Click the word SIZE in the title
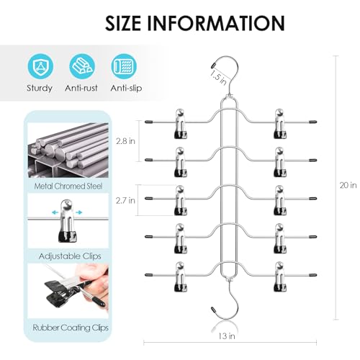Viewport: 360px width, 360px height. pos(123,23)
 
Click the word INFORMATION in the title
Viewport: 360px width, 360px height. pos(216,23)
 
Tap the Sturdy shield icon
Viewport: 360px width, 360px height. pos(40,66)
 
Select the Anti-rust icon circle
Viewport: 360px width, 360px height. pos(82,66)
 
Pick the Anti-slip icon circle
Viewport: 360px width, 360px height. pos(124,66)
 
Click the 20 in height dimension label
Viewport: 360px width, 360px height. pos(348,185)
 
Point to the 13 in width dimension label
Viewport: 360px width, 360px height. pos(227,336)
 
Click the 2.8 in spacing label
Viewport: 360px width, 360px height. pos(125,141)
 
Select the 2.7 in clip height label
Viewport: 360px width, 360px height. pos(125,200)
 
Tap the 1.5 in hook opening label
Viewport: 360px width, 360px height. pos(218,77)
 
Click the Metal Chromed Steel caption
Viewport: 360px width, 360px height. pos(68,186)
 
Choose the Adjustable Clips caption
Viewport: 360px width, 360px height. pos(70,256)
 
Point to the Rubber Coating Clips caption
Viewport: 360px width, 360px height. pos(71,328)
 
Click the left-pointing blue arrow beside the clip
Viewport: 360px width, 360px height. pos(55,212)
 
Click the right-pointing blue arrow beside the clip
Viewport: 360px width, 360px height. pos(79,212)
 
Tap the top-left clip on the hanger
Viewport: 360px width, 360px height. pos(181,124)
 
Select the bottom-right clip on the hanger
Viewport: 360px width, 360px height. pos(280,277)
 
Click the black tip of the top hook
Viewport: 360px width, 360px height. pos(213,65)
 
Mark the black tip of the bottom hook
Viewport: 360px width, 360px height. pos(213,310)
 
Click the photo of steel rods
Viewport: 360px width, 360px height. pos(68,150)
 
